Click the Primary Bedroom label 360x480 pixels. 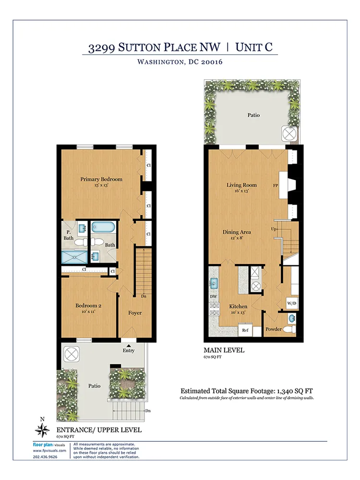point(101,180)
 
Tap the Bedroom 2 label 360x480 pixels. point(88,305)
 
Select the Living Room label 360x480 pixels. point(241,185)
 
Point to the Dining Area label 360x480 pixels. point(237,232)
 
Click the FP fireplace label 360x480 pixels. point(276,185)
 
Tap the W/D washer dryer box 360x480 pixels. point(291,303)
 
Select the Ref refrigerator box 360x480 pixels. point(245,330)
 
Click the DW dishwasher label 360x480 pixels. point(213,297)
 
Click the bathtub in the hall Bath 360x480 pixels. point(101,227)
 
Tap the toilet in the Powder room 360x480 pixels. point(288,330)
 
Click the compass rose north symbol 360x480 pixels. point(43,428)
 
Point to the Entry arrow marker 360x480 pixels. point(129,344)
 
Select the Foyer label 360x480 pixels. point(134,313)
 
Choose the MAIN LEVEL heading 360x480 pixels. point(224,350)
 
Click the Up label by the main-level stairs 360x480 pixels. point(274,228)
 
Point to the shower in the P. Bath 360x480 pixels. point(75,256)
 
